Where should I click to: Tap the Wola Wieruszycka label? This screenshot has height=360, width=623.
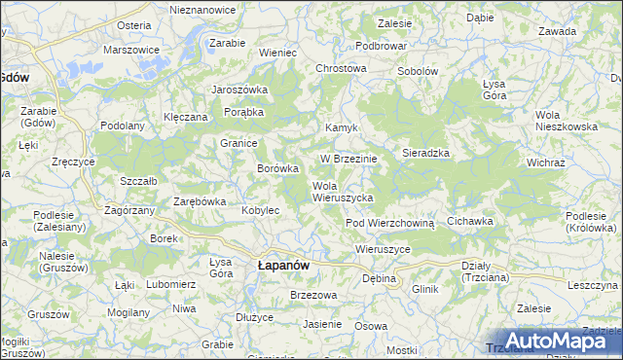point(343,192)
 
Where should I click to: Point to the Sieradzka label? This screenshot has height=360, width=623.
point(424,154)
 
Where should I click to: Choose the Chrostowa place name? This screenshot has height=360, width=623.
point(341,69)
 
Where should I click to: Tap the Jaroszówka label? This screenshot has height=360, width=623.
point(239,90)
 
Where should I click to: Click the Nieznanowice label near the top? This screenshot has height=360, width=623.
point(203,9)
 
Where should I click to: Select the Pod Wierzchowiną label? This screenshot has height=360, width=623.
point(389,223)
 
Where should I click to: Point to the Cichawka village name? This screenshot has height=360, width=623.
point(469,222)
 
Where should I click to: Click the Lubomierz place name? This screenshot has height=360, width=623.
point(171,284)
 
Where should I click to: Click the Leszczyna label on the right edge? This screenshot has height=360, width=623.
point(593,286)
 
